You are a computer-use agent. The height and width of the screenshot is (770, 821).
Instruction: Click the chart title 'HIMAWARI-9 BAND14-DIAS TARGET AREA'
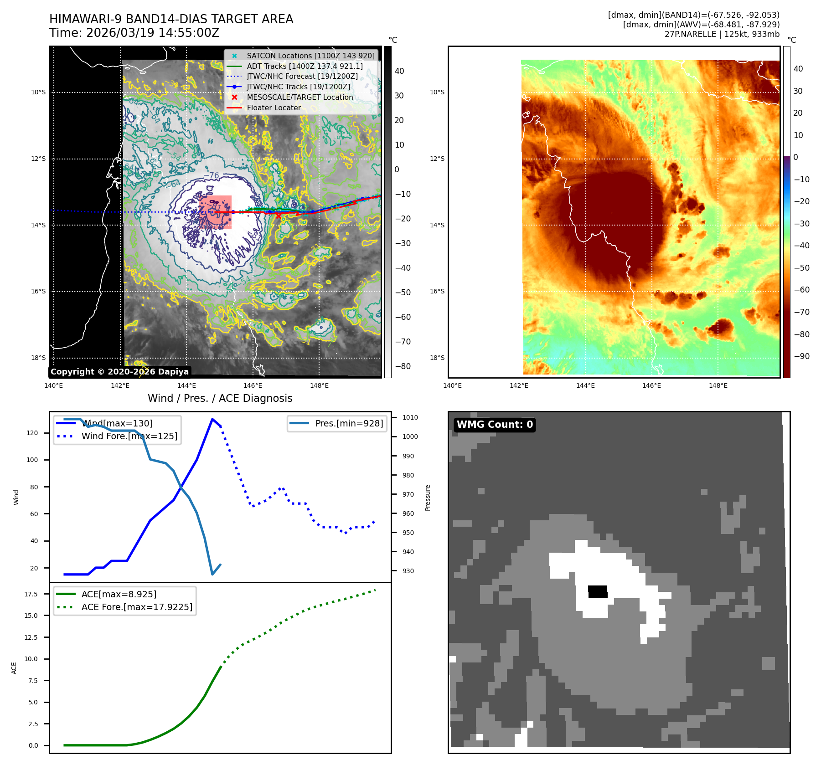point(171,19)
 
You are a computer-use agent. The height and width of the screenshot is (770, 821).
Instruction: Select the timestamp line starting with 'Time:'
point(134,33)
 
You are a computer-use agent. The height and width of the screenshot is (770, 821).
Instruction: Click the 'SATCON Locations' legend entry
point(310,56)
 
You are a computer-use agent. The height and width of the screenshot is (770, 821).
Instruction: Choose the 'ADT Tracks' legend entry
point(305,66)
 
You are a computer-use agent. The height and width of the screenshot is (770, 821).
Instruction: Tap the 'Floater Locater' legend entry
point(274,108)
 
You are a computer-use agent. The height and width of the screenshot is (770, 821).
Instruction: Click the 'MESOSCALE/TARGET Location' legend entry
point(299,97)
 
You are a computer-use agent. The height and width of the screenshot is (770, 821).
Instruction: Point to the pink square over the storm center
point(215,212)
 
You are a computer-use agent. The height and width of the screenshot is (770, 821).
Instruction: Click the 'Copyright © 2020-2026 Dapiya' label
point(119,372)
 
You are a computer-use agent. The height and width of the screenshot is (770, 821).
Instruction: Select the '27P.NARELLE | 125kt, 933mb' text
point(722,34)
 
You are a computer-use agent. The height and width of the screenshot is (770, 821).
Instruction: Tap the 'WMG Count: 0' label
point(495,425)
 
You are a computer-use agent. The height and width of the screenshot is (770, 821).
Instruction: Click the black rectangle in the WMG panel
point(598,591)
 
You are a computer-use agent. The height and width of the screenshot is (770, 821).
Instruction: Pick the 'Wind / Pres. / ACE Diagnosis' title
point(220,398)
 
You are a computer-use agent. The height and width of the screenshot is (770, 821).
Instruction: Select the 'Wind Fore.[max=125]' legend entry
point(129,436)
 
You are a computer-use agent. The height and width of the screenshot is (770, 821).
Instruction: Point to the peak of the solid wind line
point(212,419)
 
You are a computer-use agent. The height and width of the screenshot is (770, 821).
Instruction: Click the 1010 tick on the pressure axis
point(410,417)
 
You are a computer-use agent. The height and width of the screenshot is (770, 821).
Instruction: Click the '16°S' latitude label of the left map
point(38,292)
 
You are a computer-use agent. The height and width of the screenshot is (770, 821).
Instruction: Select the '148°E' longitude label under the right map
point(718,385)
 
